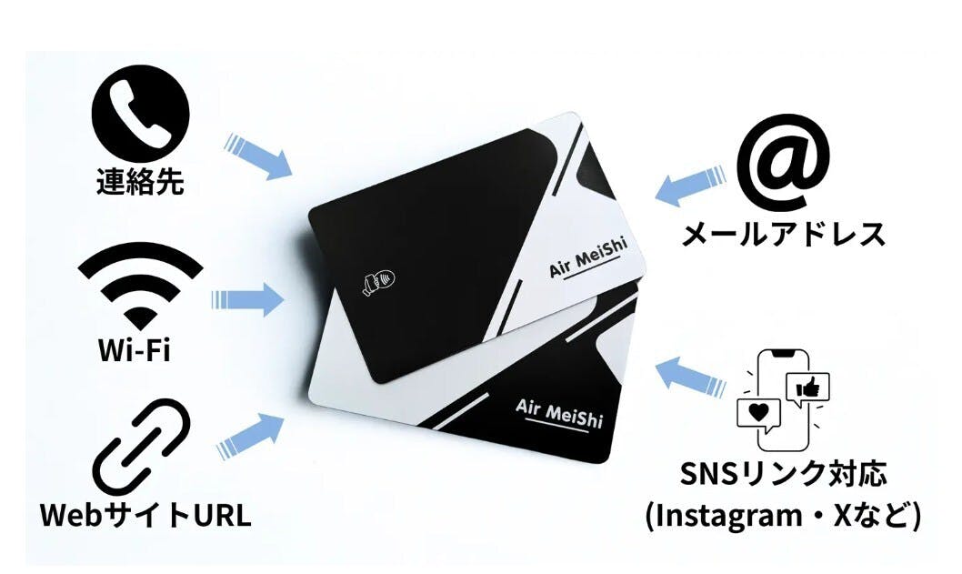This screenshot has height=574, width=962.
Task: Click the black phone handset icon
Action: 141,115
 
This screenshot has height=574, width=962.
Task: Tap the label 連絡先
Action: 141,182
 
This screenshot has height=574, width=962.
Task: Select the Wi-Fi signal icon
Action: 141,287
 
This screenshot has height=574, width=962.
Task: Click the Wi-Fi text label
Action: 135,349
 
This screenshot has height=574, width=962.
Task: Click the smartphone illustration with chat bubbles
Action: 784,399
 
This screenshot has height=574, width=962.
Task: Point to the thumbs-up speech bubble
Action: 808,388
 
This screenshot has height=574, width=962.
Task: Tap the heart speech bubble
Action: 759,415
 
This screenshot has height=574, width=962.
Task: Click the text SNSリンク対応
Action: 784,475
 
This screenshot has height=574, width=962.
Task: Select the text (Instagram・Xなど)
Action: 784,516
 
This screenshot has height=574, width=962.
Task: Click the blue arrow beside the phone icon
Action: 258,156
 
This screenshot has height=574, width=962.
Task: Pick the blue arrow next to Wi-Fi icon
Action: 248,299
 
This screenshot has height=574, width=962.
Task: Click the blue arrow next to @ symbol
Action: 690,186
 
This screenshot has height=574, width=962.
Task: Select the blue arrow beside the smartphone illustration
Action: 690,377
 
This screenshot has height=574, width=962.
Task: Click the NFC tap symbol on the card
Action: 379,282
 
